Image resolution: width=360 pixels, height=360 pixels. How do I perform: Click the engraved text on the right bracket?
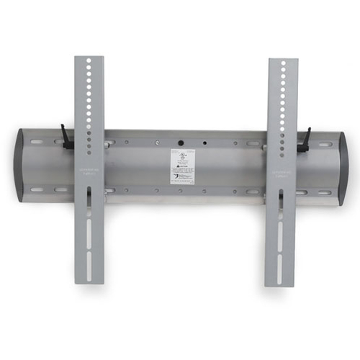(283, 174)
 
